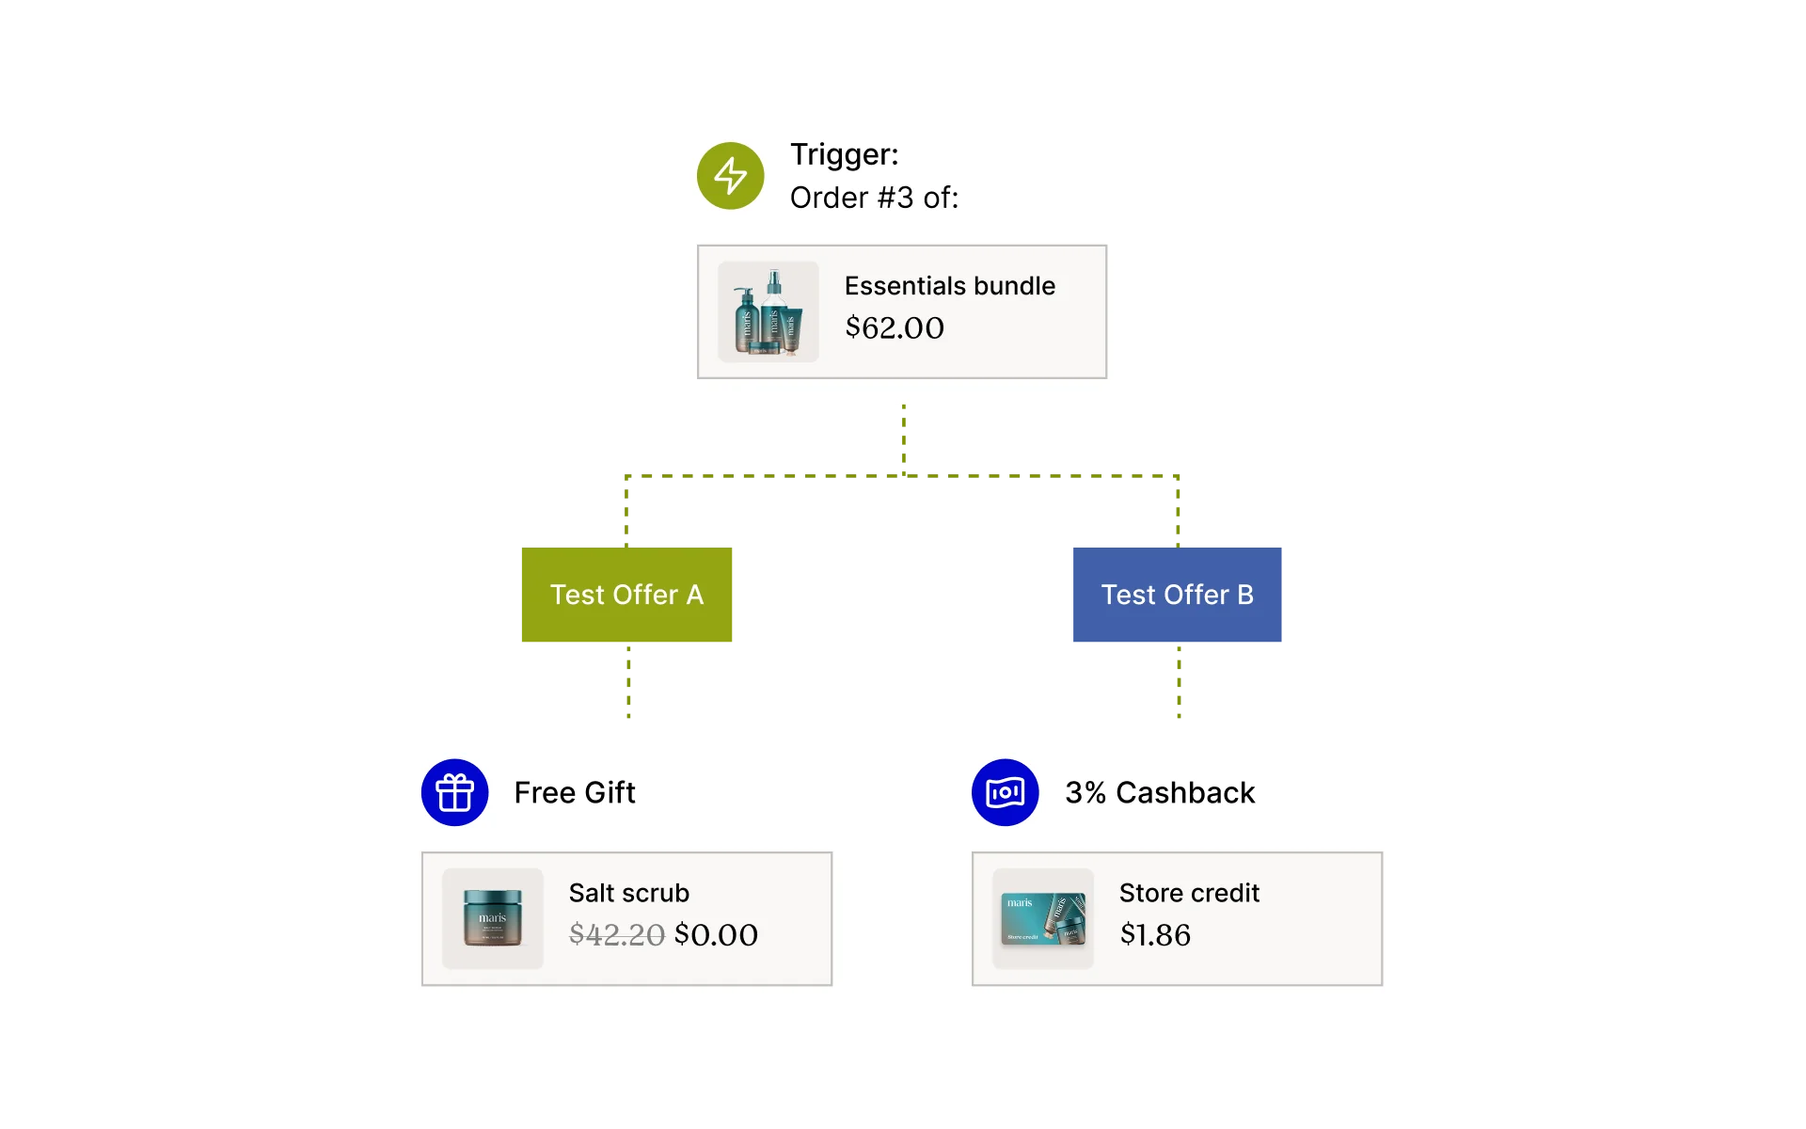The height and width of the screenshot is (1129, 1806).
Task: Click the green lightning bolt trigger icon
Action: click(x=730, y=176)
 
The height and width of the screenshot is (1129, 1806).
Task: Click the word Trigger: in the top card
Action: click(x=844, y=154)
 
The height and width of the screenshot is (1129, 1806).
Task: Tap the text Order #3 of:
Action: click(x=874, y=198)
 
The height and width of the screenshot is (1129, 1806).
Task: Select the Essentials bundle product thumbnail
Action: click(x=768, y=311)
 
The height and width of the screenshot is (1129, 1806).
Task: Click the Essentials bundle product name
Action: click(x=949, y=286)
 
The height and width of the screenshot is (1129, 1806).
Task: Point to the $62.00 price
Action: click(x=894, y=328)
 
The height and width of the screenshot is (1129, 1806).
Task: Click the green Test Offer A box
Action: click(x=627, y=595)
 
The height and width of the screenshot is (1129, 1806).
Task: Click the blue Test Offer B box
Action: click(x=1177, y=595)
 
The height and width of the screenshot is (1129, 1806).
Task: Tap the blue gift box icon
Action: click(x=454, y=792)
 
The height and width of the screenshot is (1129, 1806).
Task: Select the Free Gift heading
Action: click(x=574, y=793)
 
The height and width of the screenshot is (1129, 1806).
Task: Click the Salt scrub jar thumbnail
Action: click(x=492, y=918)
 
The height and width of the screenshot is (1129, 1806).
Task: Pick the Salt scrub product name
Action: click(x=628, y=893)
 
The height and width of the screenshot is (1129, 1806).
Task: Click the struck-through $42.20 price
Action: click(x=616, y=935)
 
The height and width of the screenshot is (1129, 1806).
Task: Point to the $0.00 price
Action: click(x=716, y=935)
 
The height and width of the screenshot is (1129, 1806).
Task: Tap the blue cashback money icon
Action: click(x=1005, y=792)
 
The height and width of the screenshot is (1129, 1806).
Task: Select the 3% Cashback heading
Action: click(x=1159, y=793)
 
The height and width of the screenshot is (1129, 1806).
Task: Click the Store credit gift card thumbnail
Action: click(x=1043, y=918)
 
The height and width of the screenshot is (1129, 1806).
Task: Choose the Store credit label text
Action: click(x=1189, y=893)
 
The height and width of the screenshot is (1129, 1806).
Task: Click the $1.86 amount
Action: click(x=1155, y=935)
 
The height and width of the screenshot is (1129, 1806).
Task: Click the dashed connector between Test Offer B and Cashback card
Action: click(x=1177, y=684)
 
